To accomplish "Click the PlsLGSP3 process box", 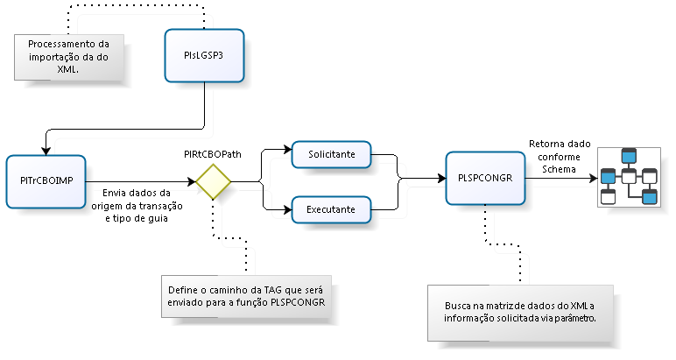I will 204,55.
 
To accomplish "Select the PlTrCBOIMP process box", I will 46,180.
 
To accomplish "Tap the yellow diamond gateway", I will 213,182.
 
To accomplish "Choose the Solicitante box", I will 331,153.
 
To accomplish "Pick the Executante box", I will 331,209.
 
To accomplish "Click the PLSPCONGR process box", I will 485,177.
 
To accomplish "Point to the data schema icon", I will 628,177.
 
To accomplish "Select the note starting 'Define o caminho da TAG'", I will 246,296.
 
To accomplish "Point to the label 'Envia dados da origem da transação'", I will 137,205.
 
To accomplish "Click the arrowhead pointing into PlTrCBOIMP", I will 46,151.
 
